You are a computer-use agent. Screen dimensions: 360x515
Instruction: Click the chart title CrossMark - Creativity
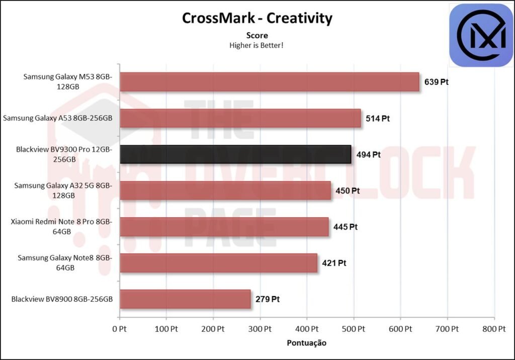tap(257, 18)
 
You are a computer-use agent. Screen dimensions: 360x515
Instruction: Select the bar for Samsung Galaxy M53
tap(269, 81)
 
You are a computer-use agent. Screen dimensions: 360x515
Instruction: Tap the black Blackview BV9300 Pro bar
tap(235, 154)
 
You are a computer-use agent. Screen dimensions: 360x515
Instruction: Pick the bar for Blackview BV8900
tap(185, 299)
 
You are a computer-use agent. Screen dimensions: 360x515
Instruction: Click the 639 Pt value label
tap(436, 82)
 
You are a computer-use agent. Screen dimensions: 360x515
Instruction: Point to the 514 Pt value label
tap(378, 119)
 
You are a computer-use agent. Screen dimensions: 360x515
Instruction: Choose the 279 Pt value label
tap(267, 299)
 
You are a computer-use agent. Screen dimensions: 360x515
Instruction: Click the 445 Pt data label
tap(345, 227)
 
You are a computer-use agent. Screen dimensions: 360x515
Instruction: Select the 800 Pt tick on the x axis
tap(493, 329)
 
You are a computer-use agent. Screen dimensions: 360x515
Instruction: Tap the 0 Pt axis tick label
tap(119, 329)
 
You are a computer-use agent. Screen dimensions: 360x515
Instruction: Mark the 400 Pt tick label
tap(306, 329)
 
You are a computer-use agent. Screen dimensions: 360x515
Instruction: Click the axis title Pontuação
tap(306, 343)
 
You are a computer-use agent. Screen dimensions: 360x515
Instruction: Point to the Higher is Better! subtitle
tap(257, 45)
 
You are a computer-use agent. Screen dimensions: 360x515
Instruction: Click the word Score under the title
tap(257, 35)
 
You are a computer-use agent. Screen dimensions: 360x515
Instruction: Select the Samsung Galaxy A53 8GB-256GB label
tap(57, 119)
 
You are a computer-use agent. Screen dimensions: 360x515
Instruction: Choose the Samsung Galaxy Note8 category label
tap(65, 262)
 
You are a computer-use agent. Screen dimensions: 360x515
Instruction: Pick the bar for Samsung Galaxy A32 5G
tap(225, 191)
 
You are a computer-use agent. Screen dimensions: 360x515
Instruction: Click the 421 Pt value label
tap(334, 263)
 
